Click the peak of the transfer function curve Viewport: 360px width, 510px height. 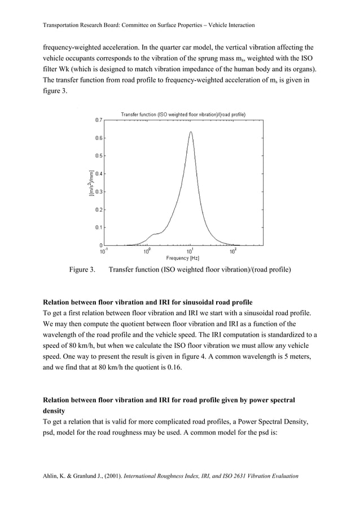click(191, 132)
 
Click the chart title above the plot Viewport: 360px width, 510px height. click(183, 115)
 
